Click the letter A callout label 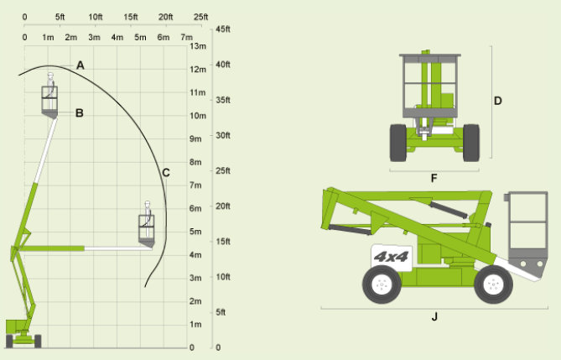81,65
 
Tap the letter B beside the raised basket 80,113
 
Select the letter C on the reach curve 166,173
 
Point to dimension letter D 497,101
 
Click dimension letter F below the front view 434,178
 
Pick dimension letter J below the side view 434,316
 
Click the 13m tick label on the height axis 198,46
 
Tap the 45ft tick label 223,29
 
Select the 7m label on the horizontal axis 186,37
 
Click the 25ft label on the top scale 200,17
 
